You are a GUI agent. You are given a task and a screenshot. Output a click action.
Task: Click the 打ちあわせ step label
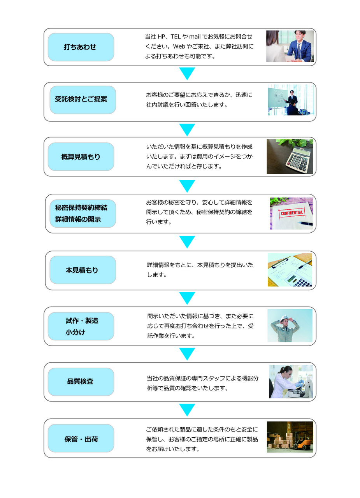point(80,47)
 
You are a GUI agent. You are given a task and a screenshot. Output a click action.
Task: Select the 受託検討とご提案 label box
point(83,100)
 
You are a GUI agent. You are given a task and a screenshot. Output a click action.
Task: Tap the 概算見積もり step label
point(81,157)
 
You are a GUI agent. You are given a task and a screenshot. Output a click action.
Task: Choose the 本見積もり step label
point(82,270)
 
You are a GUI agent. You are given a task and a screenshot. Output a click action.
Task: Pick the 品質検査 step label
point(80,381)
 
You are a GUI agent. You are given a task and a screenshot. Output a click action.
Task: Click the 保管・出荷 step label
point(81,439)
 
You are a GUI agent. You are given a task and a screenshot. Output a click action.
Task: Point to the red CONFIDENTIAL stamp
point(292,213)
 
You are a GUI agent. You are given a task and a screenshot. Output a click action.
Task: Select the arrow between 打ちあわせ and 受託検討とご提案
point(187,74)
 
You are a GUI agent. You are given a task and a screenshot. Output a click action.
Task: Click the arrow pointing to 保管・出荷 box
point(187,410)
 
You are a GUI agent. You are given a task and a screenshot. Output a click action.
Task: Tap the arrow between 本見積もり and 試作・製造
point(187,298)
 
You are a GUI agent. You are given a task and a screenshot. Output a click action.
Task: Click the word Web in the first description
point(179,46)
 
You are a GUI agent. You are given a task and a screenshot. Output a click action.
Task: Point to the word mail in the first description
point(195,37)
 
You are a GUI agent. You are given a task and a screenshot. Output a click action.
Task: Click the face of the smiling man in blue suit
point(300,35)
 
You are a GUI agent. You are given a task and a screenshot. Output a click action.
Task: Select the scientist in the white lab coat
point(283,382)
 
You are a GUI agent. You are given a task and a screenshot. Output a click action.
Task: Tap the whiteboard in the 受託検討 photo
point(279,97)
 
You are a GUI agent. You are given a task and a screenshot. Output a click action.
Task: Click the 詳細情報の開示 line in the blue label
point(78,219)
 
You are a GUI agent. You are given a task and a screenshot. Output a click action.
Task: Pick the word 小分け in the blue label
point(76,332)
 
